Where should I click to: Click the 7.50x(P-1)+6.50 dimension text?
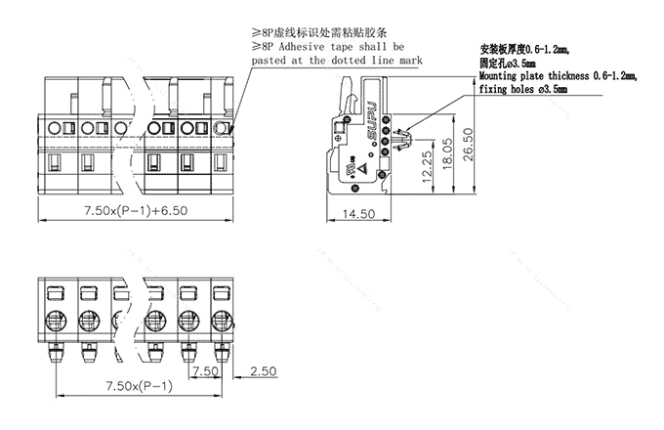pyautogui.click(x=133, y=212)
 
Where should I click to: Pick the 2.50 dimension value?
pyautogui.click(x=263, y=372)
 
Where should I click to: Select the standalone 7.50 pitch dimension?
pyautogui.click(x=204, y=372)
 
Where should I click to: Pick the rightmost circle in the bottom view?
pyautogui.click(x=220, y=318)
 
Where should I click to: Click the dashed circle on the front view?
pyautogui.click(x=224, y=127)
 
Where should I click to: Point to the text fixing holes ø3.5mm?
pyautogui.click(x=522, y=89)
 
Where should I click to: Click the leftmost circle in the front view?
pyautogui.click(x=54, y=127)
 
